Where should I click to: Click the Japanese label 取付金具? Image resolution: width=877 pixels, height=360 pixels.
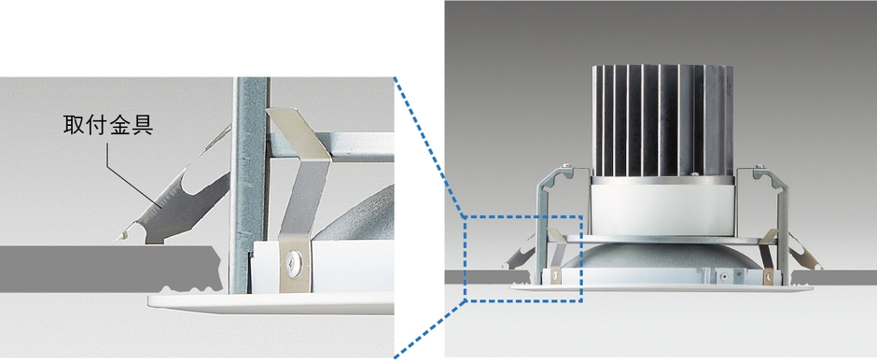pos(108,125)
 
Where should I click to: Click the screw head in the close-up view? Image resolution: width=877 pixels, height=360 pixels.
pos(293,260)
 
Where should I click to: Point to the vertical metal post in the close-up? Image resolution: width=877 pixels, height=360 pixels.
pos(248,185)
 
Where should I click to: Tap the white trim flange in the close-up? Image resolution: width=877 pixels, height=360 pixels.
pos(271,303)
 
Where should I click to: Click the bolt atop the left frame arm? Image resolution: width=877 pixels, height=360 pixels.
pos(567,164)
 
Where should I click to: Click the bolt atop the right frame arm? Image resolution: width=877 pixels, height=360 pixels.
pos(759,165)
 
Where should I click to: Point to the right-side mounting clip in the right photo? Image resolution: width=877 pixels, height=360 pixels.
pos(804,252)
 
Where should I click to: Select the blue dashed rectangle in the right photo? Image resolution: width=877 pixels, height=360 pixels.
pos(524,216)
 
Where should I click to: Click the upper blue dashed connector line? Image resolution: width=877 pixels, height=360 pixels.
pos(429,145)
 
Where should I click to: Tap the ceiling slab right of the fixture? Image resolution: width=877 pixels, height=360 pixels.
pos(833,277)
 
